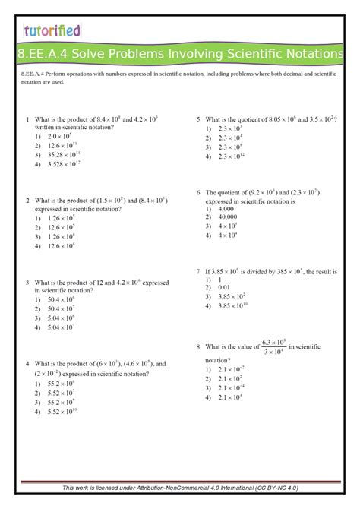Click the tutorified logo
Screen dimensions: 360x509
(51, 31)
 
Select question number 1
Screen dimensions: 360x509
(27, 119)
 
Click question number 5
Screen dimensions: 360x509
(197, 119)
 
